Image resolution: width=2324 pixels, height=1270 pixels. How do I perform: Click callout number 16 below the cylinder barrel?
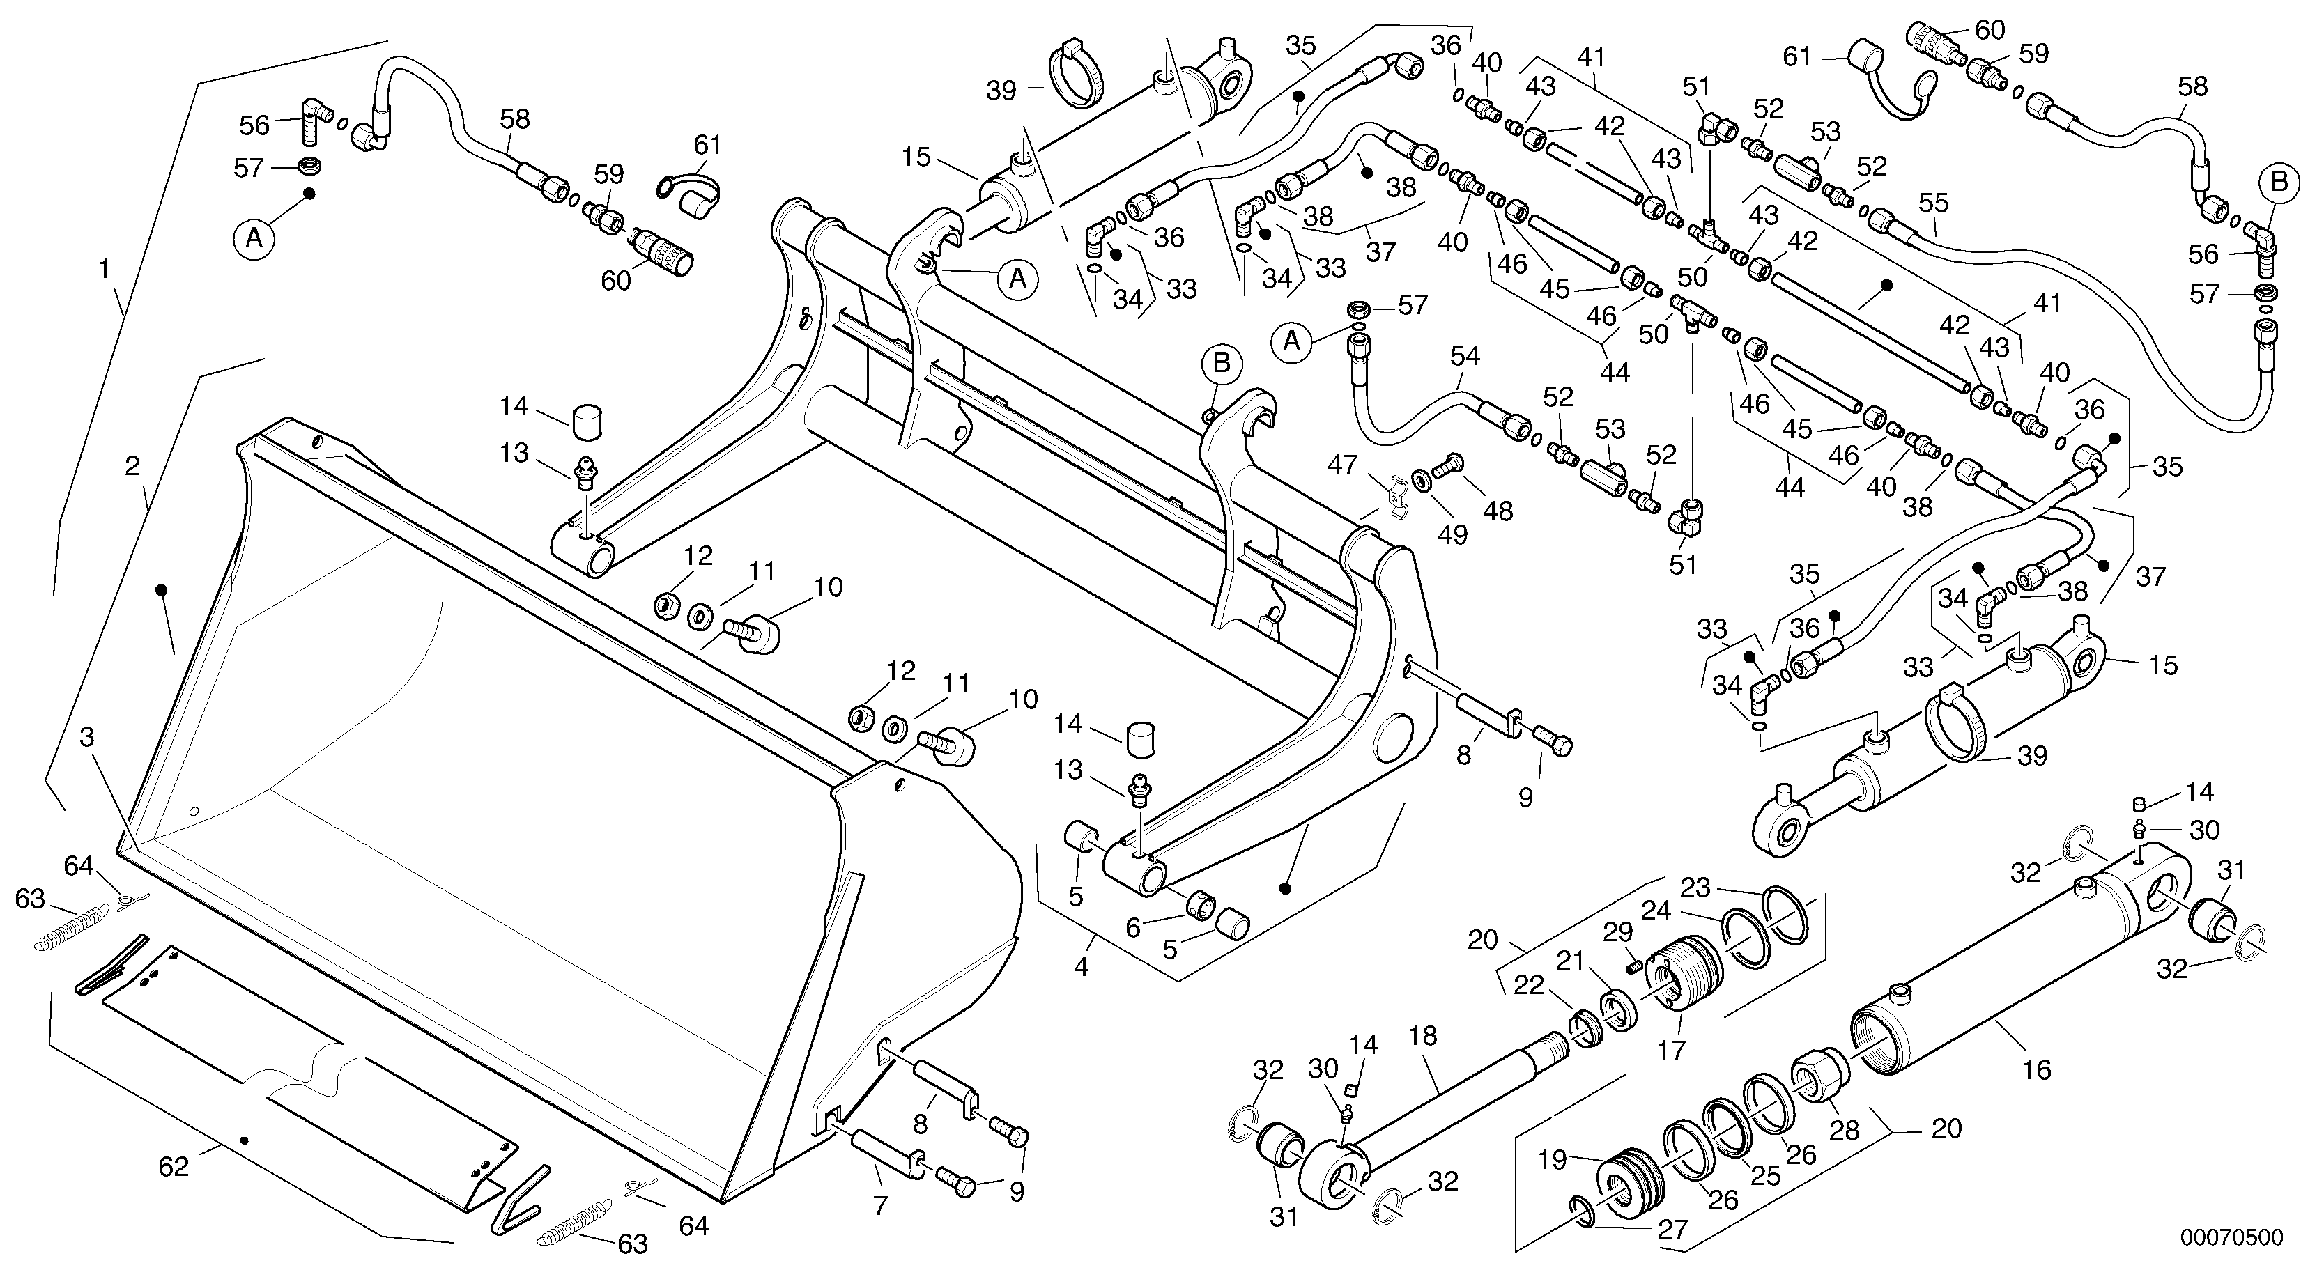pyautogui.click(x=2037, y=1070)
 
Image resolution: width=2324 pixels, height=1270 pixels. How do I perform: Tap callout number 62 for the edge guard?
pyautogui.click(x=174, y=1166)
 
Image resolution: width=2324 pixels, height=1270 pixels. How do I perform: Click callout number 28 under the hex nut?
pyautogui.click(x=1843, y=1130)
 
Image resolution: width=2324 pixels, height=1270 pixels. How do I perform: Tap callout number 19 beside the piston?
pyautogui.click(x=1553, y=1160)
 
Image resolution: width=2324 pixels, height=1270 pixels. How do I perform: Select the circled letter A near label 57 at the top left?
pyautogui.click(x=255, y=239)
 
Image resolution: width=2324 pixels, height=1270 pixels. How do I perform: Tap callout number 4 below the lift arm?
pyautogui.click(x=1080, y=968)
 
